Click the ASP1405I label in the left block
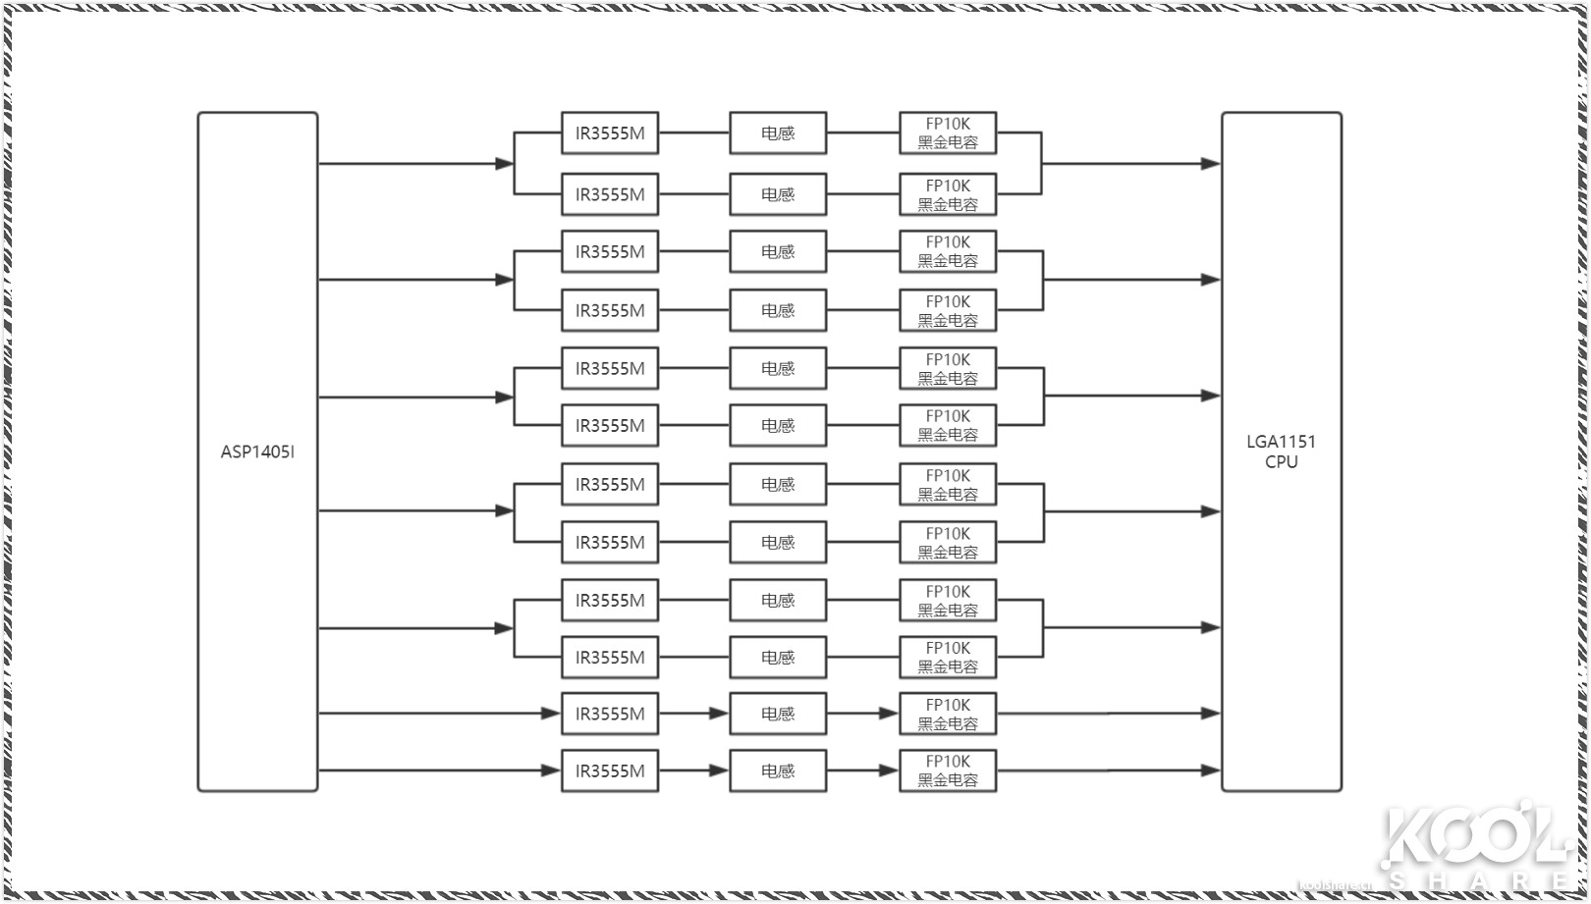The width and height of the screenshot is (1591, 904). click(x=257, y=452)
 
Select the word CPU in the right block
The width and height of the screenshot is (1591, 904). click(x=1281, y=462)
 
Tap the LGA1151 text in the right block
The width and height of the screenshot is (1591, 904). click(x=1281, y=442)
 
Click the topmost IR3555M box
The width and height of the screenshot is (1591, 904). click(x=610, y=133)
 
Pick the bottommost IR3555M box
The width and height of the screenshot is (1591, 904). click(x=610, y=771)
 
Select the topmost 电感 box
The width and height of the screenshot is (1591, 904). click(x=778, y=133)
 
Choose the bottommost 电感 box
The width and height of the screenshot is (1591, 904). click(x=778, y=771)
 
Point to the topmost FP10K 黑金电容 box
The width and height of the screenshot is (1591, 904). click(x=948, y=133)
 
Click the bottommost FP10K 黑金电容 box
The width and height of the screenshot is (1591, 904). click(x=948, y=771)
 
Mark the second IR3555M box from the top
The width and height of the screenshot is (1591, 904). click(x=610, y=194)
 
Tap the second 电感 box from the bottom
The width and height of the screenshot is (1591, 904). click(x=778, y=714)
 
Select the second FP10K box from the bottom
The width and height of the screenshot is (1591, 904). click(x=948, y=714)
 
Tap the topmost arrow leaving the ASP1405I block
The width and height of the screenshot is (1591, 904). click(x=412, y=164)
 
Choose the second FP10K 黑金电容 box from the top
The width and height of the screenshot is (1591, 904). click(x=948, y=194)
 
